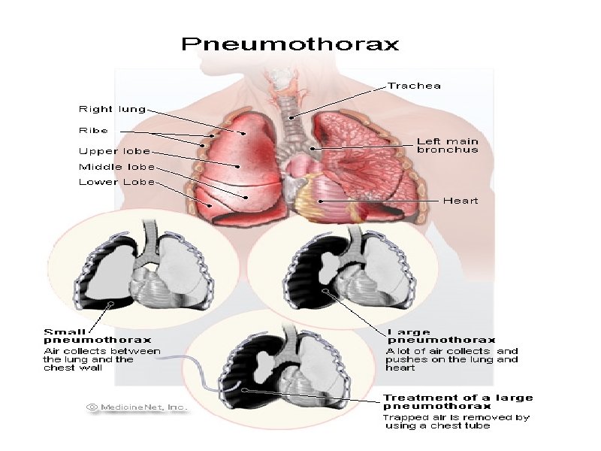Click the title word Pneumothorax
(x=289, y=44)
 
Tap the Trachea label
(x=414, y=86)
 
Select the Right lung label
(x=113, y=110)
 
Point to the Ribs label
(x=95, y=130)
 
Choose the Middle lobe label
(x=116, y=166)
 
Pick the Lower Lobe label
(x=116, y=182)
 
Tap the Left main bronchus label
(x=448, y=145)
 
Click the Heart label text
(x=460, y=201)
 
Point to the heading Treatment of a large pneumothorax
(x=458, y=401)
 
